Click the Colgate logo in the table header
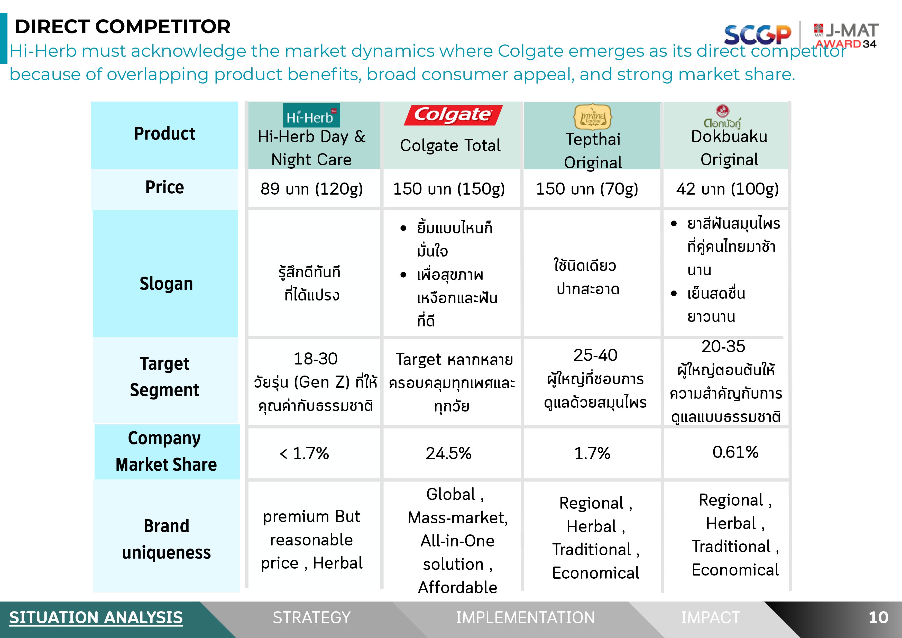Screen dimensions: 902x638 (453, 115)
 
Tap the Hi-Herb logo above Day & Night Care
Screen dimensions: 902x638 (311, 115)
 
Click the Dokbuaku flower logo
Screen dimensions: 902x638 (722, 117)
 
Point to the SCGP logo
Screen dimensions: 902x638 (757, 34)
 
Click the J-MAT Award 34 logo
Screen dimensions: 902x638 (846, 36)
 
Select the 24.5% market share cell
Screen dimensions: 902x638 (449, 453)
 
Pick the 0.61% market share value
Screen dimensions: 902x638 (735, 452)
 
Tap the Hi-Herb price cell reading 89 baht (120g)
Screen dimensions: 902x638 (311, 189)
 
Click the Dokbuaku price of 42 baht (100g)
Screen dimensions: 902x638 (727, 189)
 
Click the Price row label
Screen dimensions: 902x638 (165, 187)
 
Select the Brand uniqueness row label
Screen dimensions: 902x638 (166, 539)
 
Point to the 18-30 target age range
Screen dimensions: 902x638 (316, 359)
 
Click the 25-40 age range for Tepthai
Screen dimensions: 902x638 (595, 355)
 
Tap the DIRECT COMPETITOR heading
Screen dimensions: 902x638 (123, 27)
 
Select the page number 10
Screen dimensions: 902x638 (878, 618)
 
